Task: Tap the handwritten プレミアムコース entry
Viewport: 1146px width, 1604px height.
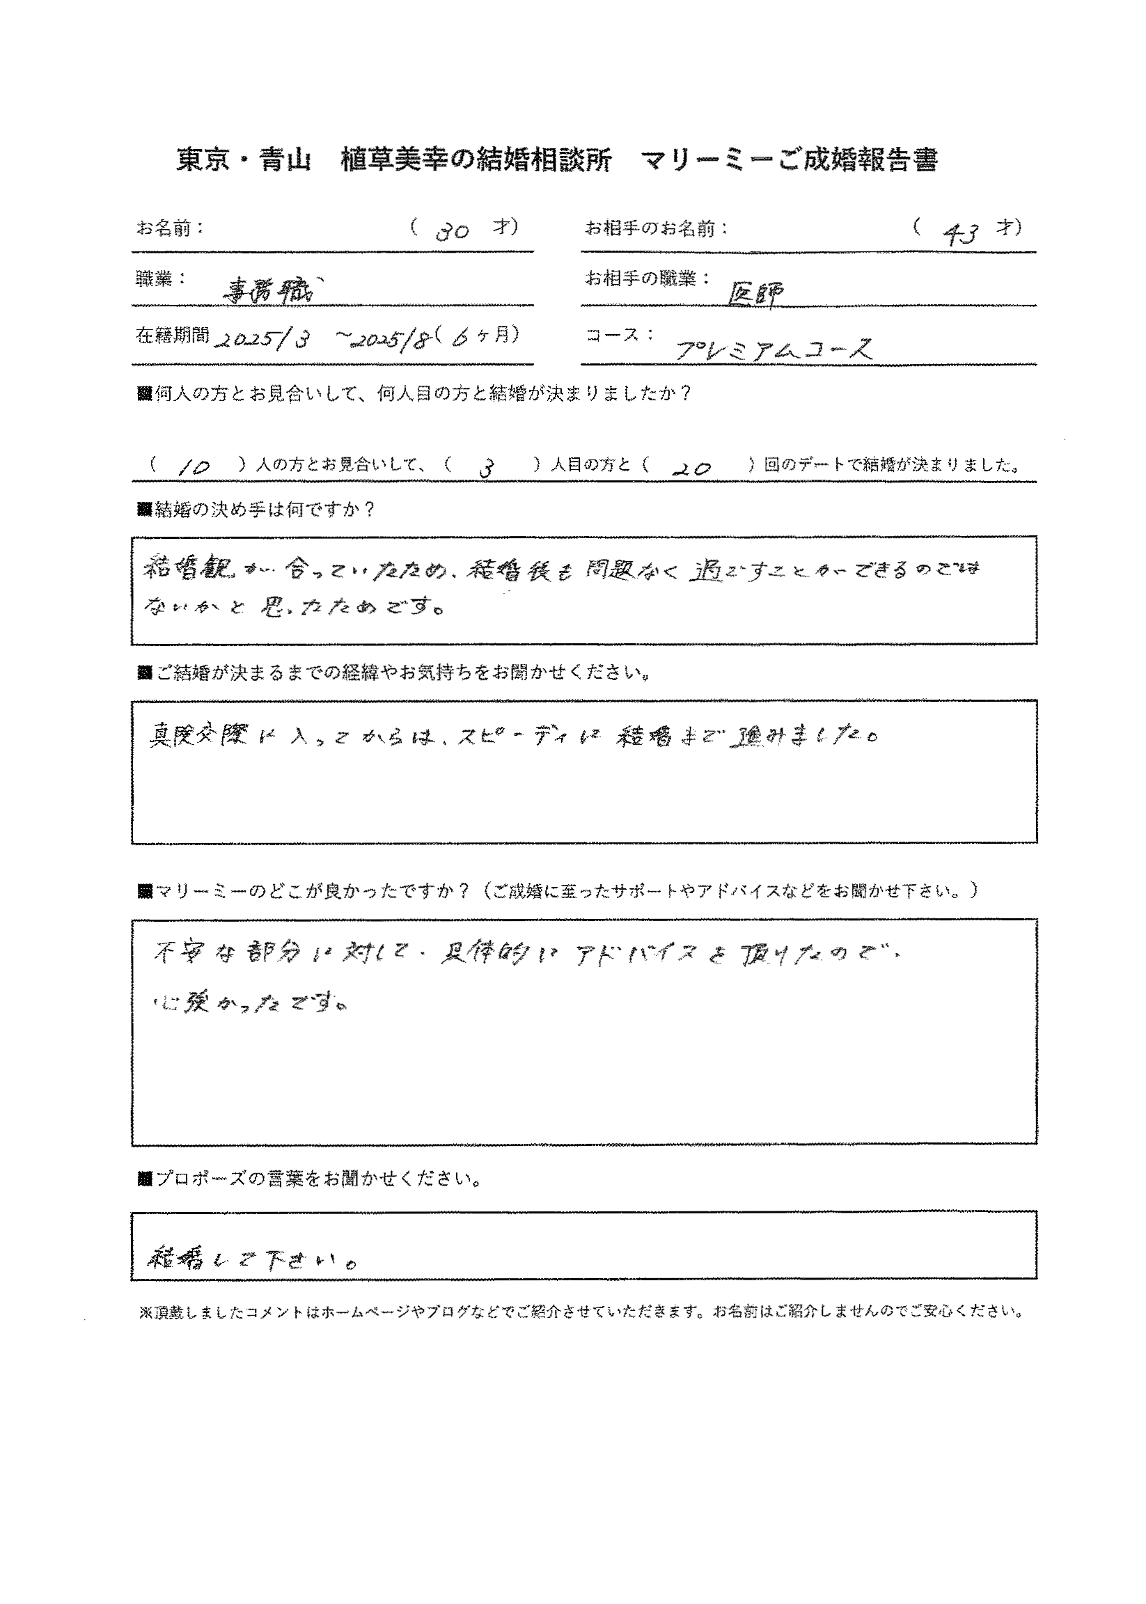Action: [x=774, y=348]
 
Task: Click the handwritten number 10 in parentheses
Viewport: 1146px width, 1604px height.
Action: [x=192, y=466]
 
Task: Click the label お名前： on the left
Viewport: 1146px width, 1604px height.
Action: [x=169, y=228]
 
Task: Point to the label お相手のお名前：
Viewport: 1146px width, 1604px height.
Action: [x=657, y=228]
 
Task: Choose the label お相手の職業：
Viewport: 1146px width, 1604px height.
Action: [x=647, y=278]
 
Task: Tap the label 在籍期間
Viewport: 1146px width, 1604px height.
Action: [x=172, y=335]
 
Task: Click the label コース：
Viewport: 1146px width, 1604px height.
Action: [x=620, y=334]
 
